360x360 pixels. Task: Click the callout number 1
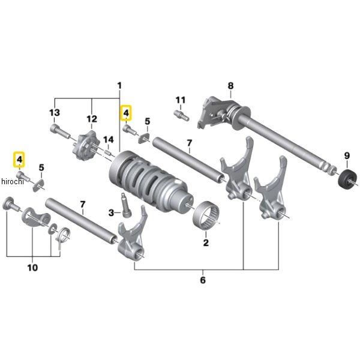[x=119, y=86]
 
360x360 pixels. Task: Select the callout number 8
[x=230, y=86]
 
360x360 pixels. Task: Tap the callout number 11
[x=180, y=100]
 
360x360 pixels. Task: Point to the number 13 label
[x=55, y=113]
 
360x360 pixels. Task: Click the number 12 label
[x=92, y=119]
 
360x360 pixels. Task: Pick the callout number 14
[x=109, y=140]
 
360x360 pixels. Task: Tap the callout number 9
[x=347, y=156]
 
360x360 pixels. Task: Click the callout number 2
[x=206, y=242]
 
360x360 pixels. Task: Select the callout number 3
[x=111, y=213]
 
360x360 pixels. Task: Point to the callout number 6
[x=203, y=280]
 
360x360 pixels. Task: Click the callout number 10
[x=32, y=268]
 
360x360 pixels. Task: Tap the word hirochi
[x=13, y=181]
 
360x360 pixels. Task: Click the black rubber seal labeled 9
[x=348, y=179]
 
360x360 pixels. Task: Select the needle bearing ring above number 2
[x=206, y=215]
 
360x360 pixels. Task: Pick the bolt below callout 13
[x=59, y=131]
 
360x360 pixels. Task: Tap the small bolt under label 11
[x=181, y=115]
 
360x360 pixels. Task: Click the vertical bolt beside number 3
[x=125, y=205]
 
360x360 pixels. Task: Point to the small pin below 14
[x=108, y=152]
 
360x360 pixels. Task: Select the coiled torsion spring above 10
[x=62, y=236]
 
